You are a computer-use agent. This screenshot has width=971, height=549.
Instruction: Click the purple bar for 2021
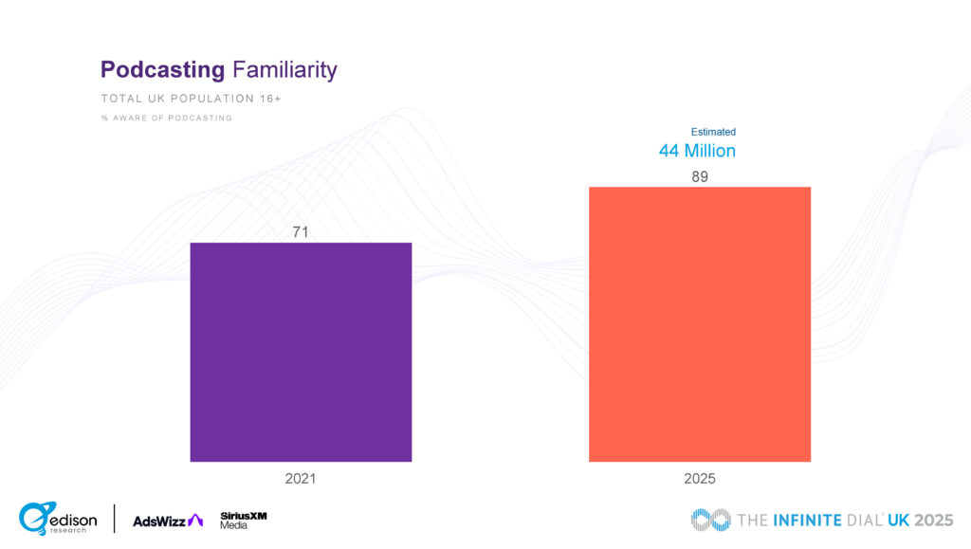tap(301, 352)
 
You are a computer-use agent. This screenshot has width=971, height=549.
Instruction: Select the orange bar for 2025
tap(700, 324)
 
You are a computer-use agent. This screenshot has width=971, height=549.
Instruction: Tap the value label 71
tap(301, 231)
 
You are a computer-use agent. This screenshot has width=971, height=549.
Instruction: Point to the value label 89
tap(700, 176)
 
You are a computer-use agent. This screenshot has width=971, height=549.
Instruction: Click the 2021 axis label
tap(301, 479)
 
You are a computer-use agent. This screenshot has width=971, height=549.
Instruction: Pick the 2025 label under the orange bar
tap(700, 479)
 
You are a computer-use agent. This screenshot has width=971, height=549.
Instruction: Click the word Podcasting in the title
tap(162, 69)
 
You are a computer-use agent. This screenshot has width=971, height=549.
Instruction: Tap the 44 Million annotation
tap(697, 151)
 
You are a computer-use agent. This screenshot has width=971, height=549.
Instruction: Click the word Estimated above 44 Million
tap(713, 132)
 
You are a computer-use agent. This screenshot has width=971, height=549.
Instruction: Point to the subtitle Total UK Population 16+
tap(191, 99)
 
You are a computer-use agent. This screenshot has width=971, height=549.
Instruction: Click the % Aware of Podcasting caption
tap(166, 118)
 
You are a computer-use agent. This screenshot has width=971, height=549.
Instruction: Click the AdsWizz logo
tap(168, 520)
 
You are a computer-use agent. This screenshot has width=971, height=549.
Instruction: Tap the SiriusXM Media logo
tap(243, 520)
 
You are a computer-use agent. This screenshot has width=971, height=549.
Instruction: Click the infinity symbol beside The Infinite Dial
tap(711, 520)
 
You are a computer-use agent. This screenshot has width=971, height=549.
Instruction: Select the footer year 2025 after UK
tap(933, 520)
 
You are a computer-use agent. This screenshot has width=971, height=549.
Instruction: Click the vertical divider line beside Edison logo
tap(115, 519)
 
